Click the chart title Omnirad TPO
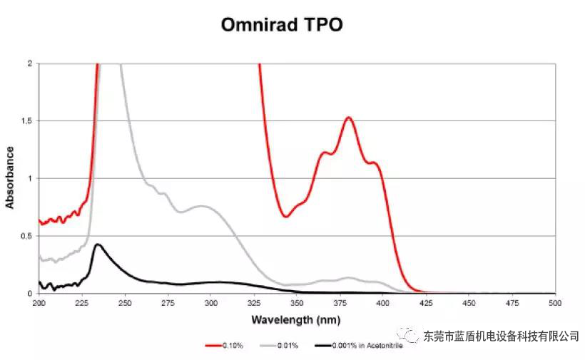pos(281,25)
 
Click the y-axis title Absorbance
pos(10,178)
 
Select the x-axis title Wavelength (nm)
pos(295,320)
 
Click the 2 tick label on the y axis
pos(29,63)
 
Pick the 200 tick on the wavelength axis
pos(39,303)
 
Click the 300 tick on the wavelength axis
pos(210,303)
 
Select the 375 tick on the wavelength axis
pos(340,303)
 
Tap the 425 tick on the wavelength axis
pos(426,303)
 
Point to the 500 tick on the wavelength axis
pos(555,303)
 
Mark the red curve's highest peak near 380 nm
pos(348,118)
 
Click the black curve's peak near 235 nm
pos(98,245)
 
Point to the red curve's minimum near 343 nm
pos(285,216)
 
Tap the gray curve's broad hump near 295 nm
pos(202,207)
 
